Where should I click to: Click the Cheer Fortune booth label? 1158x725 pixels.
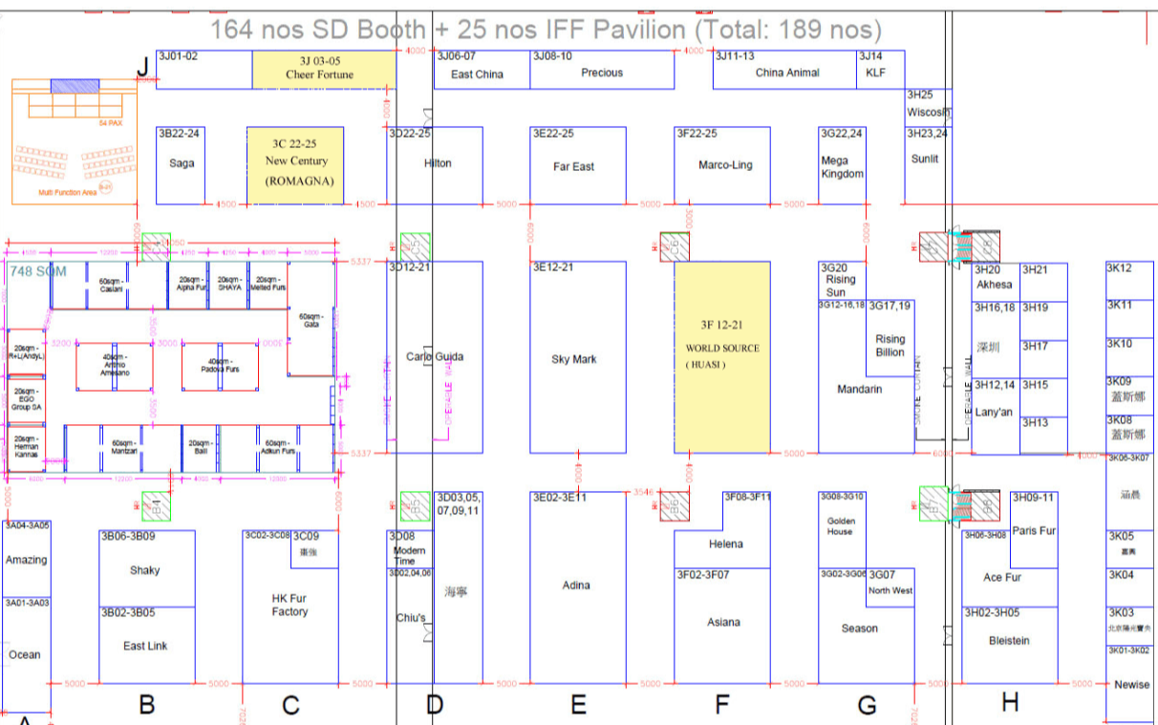[x=319, y=75]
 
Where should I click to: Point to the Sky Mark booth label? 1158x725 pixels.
[x=573, y=359]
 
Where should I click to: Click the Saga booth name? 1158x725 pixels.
[x=182, y=163]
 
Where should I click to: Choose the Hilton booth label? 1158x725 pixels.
[x=438, y=163]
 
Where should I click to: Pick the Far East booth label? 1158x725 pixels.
[x=573, y=166]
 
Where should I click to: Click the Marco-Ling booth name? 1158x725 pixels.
[x=725, y=165]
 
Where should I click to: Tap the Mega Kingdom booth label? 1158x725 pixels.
[x=842, y=167]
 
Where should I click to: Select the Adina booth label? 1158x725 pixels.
[x=576, y=586]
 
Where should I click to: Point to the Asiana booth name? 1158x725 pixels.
[x=723, y=623]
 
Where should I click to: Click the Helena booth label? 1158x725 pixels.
[x=725, y=544]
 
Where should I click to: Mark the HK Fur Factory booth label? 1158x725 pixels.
[x=289, y=605]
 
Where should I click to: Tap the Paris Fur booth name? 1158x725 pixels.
[x=1034, y=531]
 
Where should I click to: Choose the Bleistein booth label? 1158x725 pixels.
[x=1009, y=641]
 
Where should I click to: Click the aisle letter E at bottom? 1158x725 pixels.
[x=577, y=706]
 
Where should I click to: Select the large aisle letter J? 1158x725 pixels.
[x=142, y=68]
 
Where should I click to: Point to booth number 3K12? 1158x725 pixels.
[x=1119, y=268]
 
